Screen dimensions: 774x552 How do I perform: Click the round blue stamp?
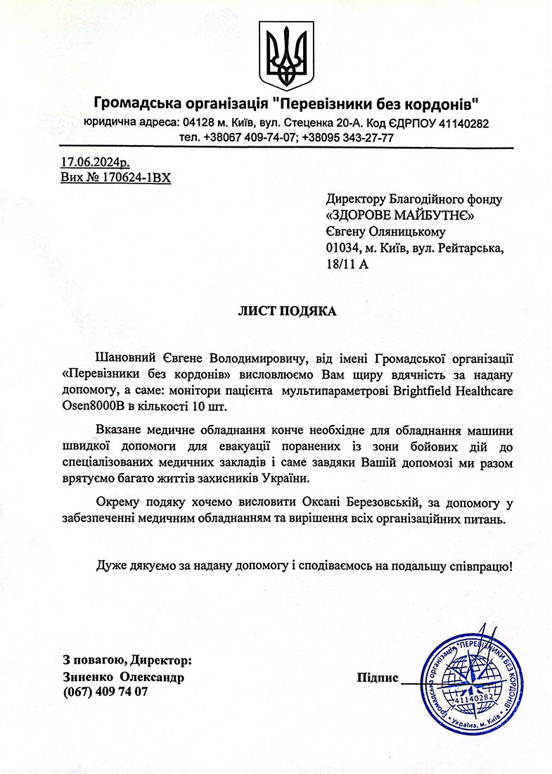tap(473, 682)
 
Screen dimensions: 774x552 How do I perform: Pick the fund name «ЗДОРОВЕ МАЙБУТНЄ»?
tap(401, 216)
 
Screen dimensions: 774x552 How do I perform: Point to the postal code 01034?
tap(342, 248)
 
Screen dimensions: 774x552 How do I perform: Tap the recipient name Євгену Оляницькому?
tap(386, 232)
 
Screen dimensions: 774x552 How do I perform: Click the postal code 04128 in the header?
tap(199, 123)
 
